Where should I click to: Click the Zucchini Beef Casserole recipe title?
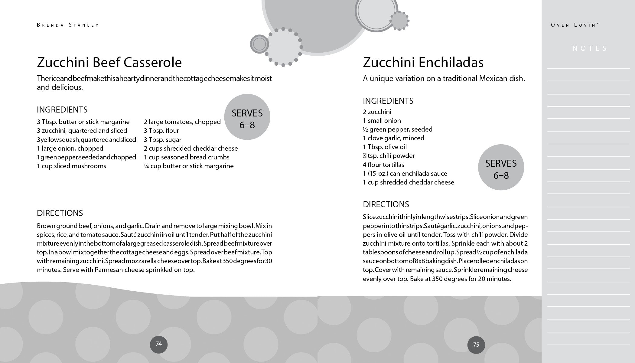click(x=109, y=63)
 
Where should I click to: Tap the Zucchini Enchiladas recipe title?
click(x=423, y=63)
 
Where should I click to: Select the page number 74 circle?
click(x=158, y=344)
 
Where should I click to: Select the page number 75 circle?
click(x=476, y=345)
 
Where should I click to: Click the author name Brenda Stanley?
click(x=68, y=25)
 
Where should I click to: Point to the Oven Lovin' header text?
click(x=575, y=25)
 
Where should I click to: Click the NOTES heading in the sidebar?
click(x=590, y=48)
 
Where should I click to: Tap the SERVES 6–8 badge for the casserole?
click(x=247, y=117)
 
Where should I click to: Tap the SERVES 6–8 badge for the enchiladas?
click(x=501, y=167)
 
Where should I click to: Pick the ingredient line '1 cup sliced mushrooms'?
click(x=71, y=166)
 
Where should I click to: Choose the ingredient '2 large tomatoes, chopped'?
click(x=182, y=122)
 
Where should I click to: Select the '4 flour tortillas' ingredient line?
click(x=383, y=165)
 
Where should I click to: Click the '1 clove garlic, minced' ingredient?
click(x=393, y=138)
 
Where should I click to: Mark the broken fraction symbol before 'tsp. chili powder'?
click(x=364, y=156)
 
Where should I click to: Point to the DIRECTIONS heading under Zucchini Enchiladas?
click(x=386, y=204)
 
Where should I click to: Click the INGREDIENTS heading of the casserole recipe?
click(x=62, y=110)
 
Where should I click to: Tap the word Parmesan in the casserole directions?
click(x=109, y=270)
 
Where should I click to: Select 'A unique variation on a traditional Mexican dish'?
click(x=444, y=79)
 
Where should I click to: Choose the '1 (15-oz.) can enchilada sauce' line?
click(x=405, y=174)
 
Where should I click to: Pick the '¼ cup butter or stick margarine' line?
click(x=189, y=166)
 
